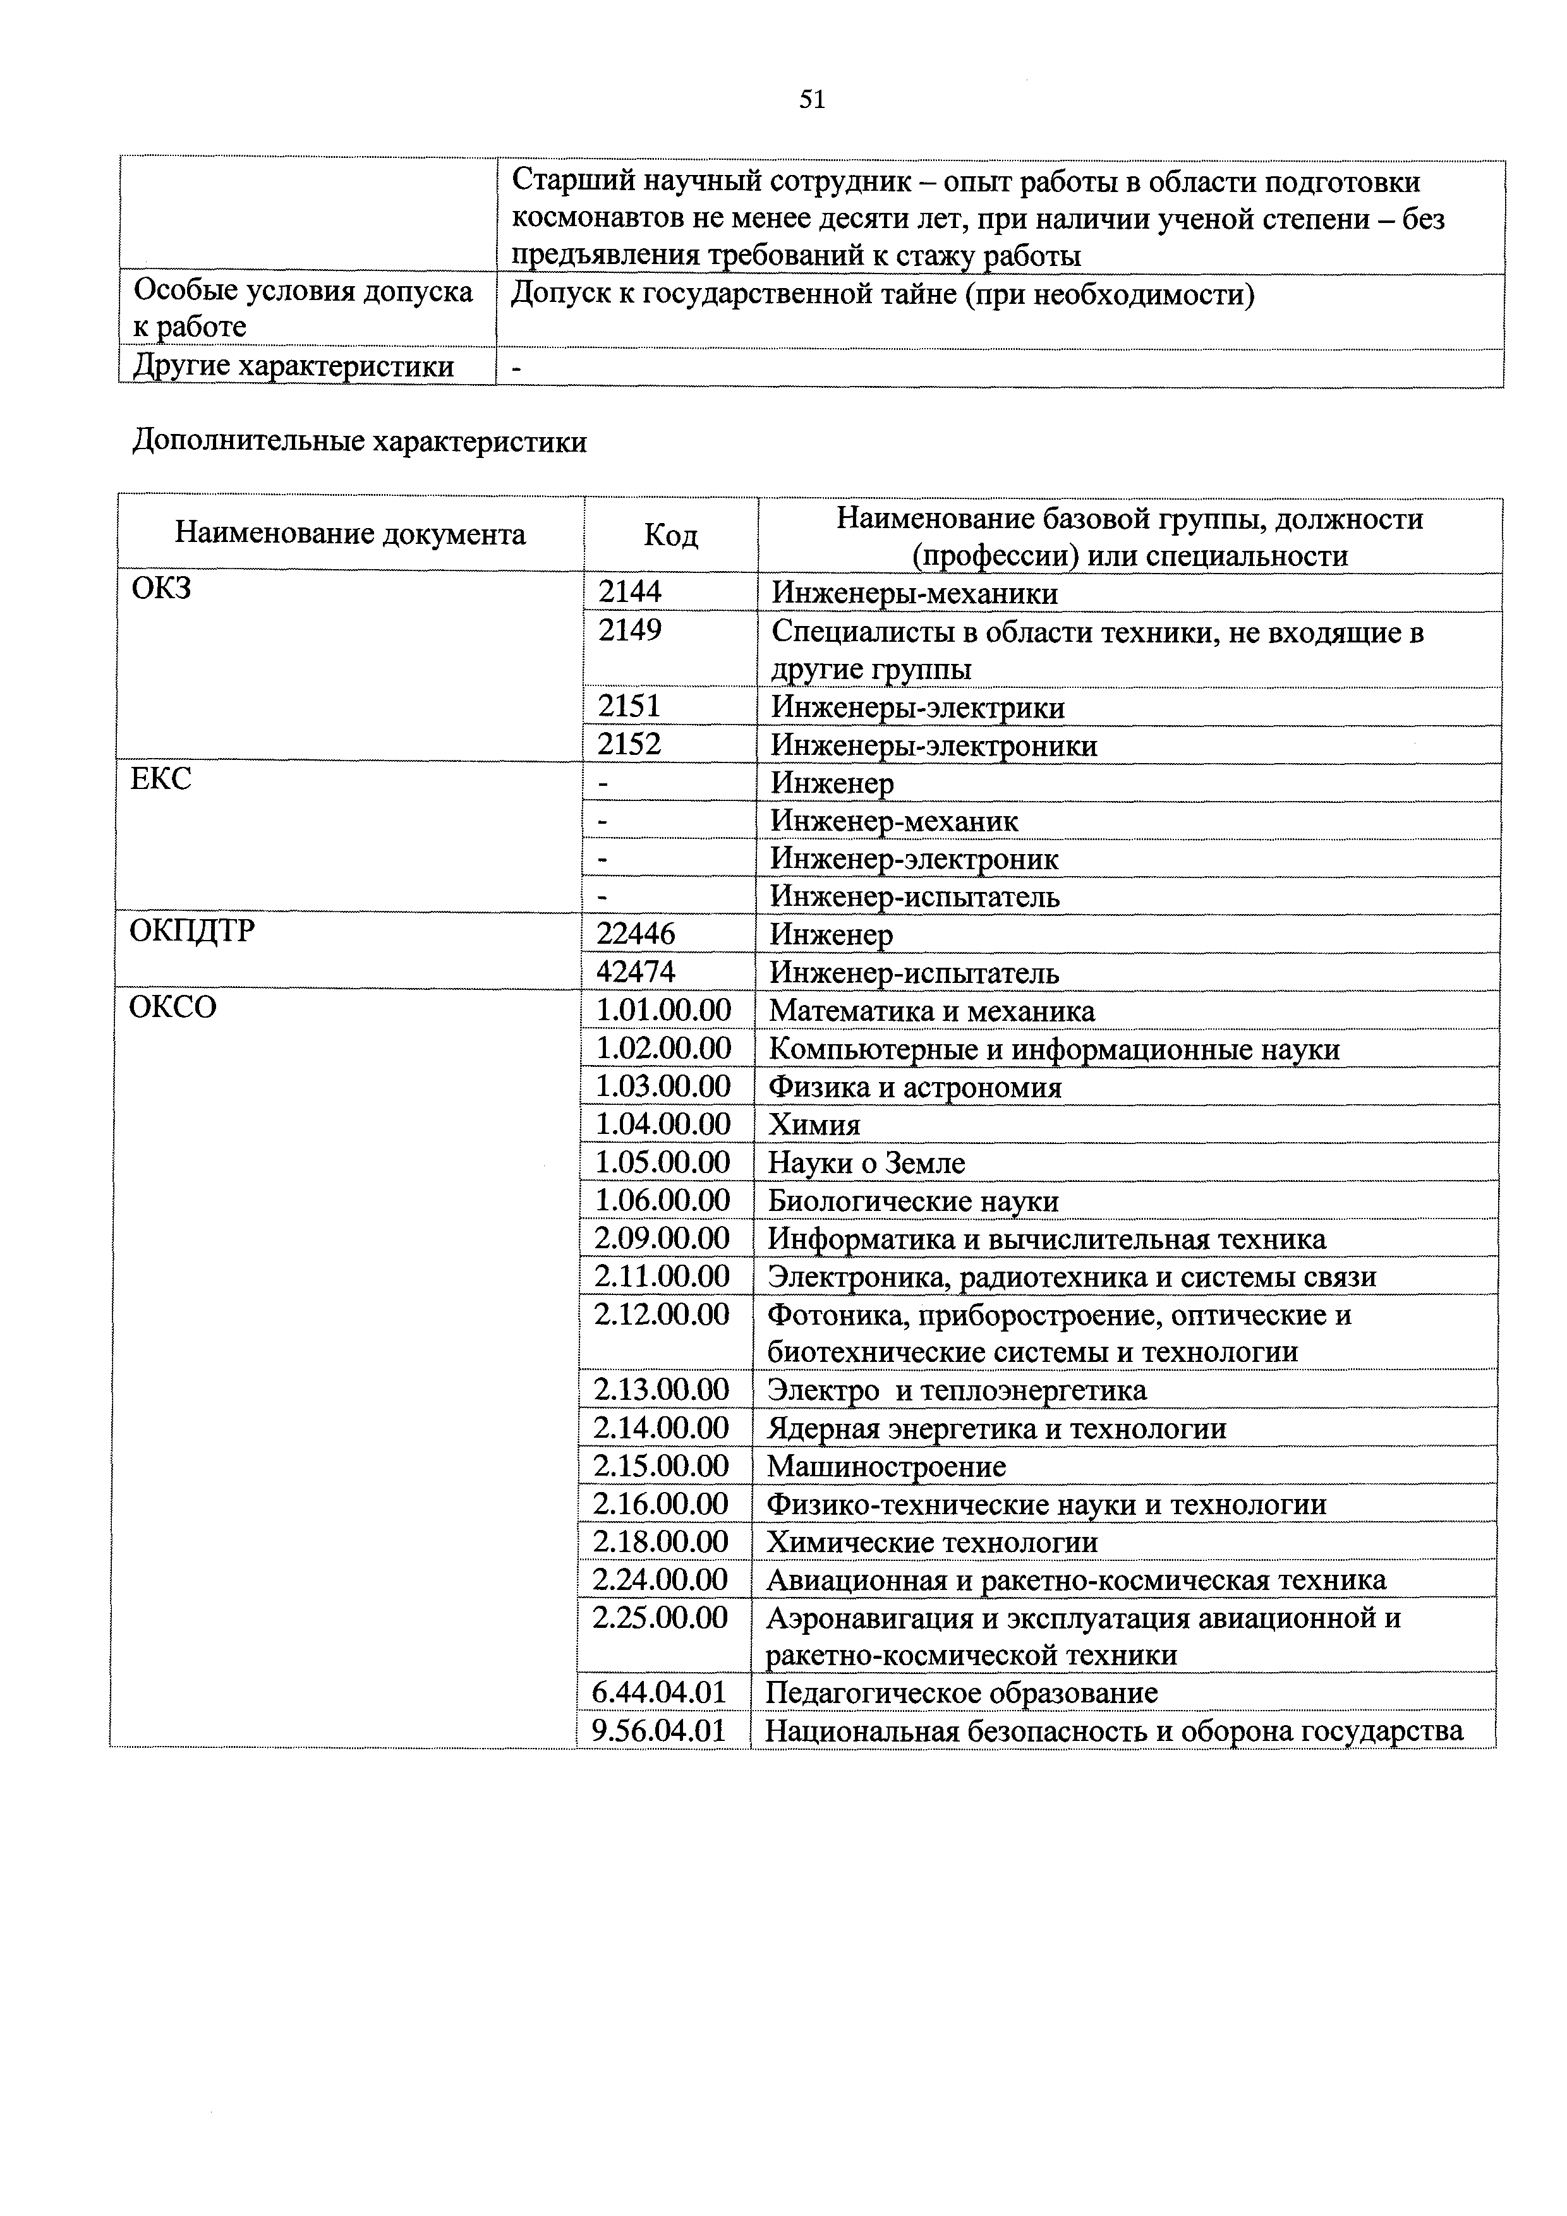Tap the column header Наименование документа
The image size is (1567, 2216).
click(351, 534)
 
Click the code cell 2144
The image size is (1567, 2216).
click(631, 592)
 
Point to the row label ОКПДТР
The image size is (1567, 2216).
click(192, 931)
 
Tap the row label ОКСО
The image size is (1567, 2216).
click(173, 1008)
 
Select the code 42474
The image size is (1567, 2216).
click(636, 972)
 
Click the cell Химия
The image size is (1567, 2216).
click(813, 1124)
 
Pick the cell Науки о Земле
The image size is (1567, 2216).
click(866, 1163)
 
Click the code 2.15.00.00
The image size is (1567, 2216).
click(662, 1466)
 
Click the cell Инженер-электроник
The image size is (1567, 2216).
click(914, 858)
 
